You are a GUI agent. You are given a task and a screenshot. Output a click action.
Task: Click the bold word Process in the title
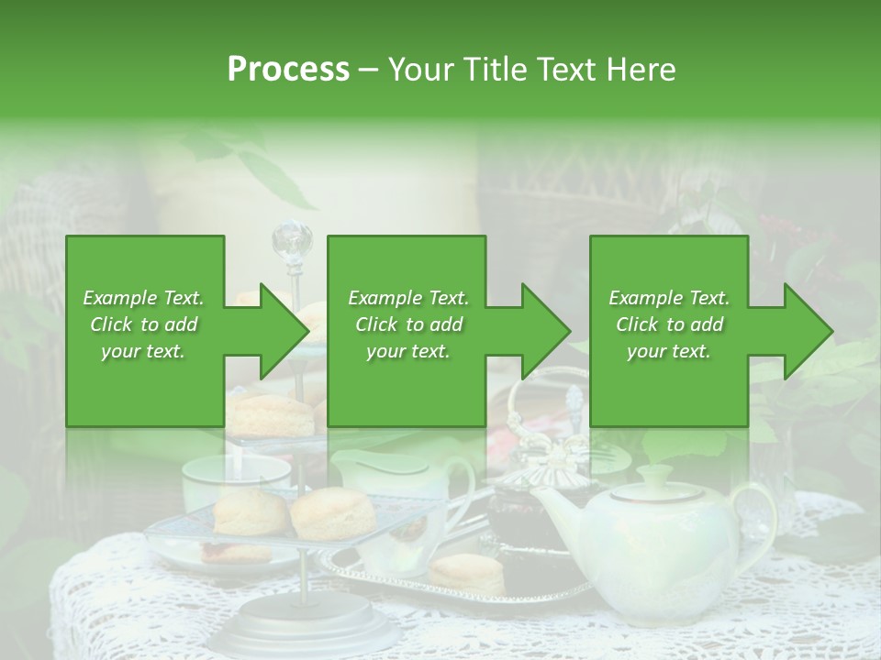(288, 69)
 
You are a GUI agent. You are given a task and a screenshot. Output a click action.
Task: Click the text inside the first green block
(143, 324)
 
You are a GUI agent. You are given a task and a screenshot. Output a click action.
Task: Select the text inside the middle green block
(408, 324)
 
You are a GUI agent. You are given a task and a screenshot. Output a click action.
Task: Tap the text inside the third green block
(669, 324)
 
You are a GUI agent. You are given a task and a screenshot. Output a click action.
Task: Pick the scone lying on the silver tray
(467, 574)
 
